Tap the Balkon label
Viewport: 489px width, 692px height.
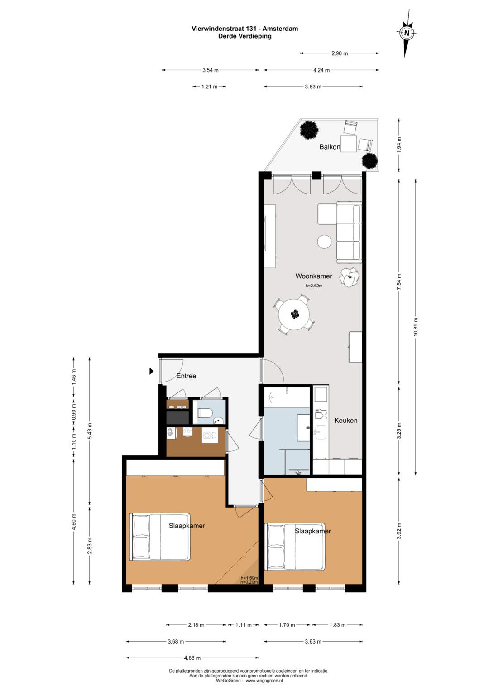330,147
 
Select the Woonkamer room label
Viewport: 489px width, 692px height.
314,276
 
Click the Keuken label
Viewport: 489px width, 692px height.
346,421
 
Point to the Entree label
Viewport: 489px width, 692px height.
186,376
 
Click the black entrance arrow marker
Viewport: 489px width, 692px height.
152,371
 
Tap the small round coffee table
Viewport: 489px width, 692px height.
325,241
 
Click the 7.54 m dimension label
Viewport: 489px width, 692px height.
399,281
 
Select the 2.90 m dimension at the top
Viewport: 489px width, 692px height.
340,53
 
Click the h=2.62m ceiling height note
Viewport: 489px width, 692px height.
314,286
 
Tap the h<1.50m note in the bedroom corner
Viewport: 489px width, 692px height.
249,578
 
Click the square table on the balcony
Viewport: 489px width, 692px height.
349,144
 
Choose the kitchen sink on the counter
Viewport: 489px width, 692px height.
321,431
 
